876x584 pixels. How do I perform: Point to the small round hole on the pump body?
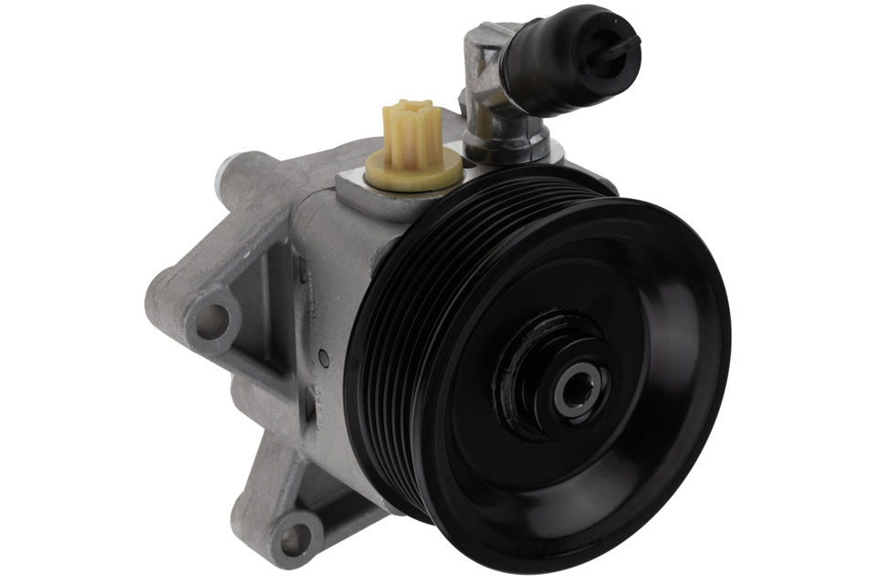321,355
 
